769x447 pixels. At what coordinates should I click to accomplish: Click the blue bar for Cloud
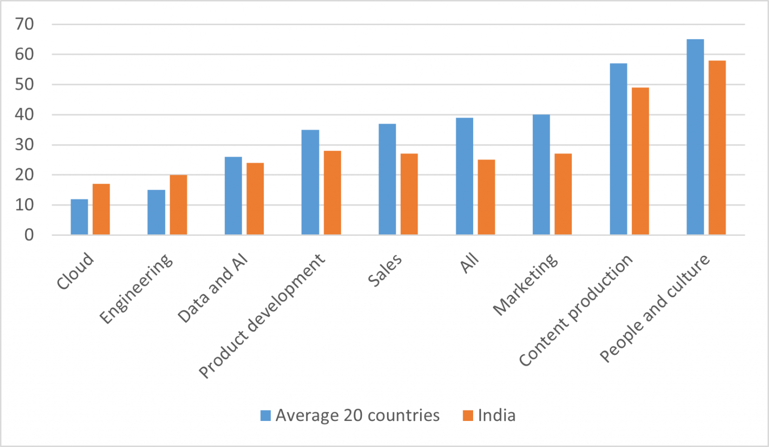79,217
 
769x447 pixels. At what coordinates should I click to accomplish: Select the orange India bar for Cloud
101,209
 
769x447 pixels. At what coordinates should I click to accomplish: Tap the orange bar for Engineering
178,205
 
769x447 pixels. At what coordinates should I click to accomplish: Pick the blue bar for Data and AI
233,196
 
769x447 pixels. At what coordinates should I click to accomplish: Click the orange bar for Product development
332,193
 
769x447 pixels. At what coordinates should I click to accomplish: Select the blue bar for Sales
387,179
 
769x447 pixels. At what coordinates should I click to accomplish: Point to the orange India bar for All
486,197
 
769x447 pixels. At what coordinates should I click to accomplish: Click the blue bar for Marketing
541,175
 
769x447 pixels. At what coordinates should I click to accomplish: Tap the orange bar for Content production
640,161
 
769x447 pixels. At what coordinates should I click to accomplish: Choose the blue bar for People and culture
695,137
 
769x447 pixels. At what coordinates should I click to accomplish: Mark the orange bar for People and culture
717,148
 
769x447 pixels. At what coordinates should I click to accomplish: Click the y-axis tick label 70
25,24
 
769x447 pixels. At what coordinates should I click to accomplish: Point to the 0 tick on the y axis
29,235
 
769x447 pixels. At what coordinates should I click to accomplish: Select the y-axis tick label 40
25,115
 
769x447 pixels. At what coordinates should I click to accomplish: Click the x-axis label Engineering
136,289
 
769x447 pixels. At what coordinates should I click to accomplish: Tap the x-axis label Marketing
525,284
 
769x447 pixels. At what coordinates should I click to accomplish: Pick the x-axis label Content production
576,310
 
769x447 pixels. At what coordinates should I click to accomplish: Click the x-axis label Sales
384,270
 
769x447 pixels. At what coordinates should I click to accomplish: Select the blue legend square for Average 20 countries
266,415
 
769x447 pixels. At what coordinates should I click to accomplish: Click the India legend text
496,415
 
